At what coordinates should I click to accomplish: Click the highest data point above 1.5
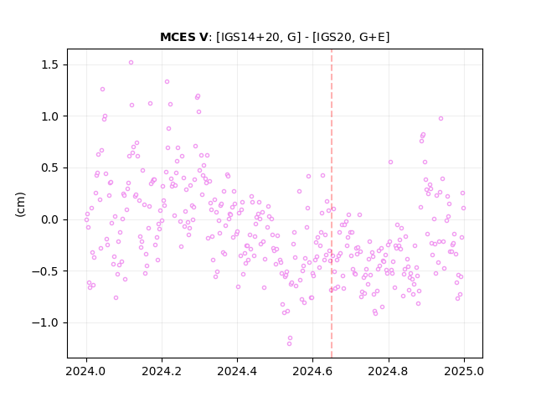coord(131,63)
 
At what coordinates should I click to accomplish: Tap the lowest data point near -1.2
coord(289,343)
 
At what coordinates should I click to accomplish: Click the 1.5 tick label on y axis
coord(49,65)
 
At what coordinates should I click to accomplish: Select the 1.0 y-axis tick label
coord(49,116)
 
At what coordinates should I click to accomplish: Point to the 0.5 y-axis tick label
coord(49,168)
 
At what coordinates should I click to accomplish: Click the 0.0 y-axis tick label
coord(49,219)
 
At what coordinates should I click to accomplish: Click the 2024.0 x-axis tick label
coord(86,371)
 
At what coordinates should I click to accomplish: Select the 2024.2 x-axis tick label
coord(162,371)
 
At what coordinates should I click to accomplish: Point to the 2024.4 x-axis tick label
coord(237,371)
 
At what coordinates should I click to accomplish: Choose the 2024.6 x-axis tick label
coord(312,371)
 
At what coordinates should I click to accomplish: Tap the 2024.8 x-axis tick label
coord(389,371)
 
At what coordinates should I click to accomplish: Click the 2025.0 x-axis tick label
coord(464,371)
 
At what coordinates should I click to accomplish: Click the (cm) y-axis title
coord(20,204)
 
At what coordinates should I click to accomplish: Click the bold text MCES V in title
coord(184,37)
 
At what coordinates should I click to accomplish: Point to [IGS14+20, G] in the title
coord(259,37)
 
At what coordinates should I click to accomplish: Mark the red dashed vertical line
coord(332,204)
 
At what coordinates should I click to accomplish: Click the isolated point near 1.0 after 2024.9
coord(441,119)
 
